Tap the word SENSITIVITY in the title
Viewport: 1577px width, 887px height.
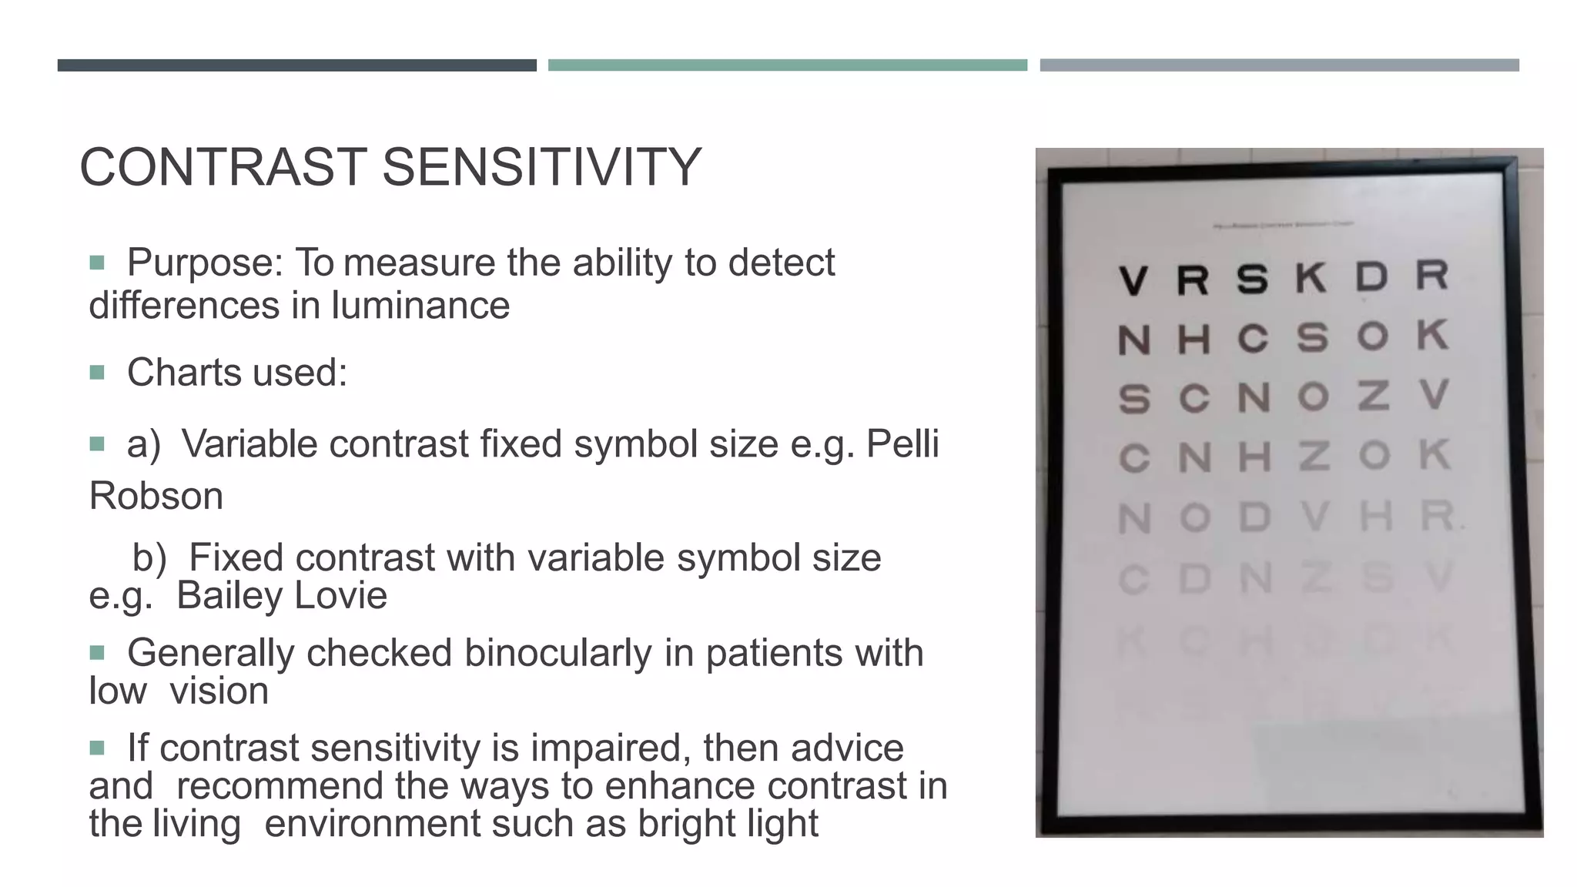pos(541,167)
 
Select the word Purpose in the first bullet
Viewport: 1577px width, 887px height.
pos(205,263)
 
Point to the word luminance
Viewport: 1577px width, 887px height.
pos(420,306)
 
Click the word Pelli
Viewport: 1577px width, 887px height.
pos(902,444)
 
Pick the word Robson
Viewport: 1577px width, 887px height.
pos(156,496)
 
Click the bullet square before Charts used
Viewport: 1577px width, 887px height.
pos(97,373)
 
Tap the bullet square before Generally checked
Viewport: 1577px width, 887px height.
pos(97,654)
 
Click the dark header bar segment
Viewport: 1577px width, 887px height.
pos(296,65)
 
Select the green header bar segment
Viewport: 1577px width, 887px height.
pos(787,65)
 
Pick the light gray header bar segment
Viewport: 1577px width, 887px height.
pos(1279,65)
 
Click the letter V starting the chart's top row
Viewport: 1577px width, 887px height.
pos(1133,279)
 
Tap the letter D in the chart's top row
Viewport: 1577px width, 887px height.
pos(1371,276)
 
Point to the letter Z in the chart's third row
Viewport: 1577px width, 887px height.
pos(1373,396)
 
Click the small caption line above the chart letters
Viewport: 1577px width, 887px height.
pos(1284,226)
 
